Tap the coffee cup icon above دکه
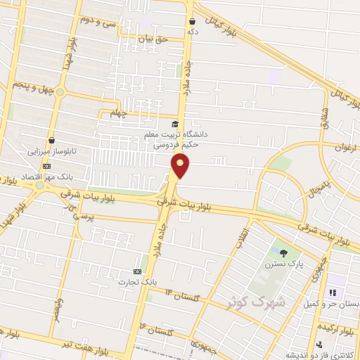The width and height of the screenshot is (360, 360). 192,22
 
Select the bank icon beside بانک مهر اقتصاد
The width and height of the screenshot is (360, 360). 47,166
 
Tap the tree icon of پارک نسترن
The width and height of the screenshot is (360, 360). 283,253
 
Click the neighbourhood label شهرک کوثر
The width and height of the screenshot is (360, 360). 257,302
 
